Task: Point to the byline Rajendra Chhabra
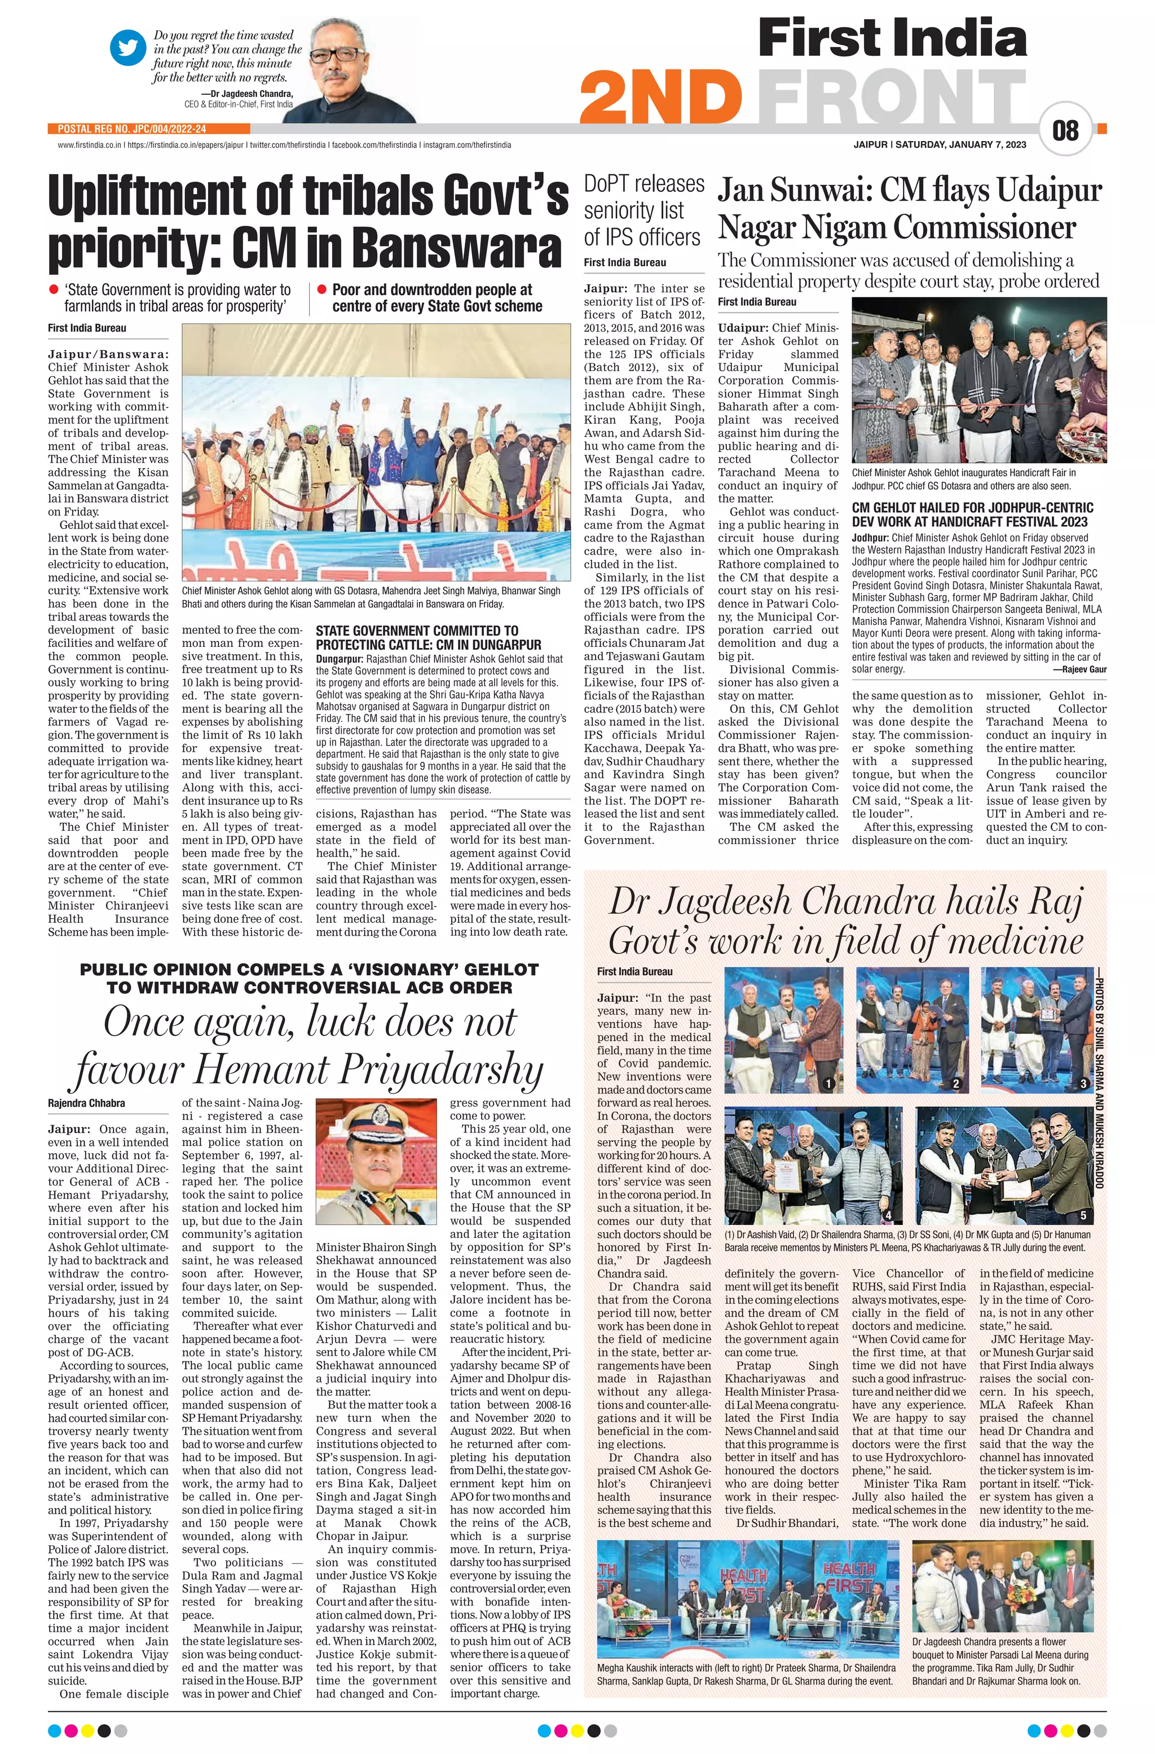[x=86, y=1103]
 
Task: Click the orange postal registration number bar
[x=133, y=128]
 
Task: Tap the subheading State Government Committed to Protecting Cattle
[x=428, y=637]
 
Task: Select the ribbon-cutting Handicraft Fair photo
[x=979, y=380]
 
